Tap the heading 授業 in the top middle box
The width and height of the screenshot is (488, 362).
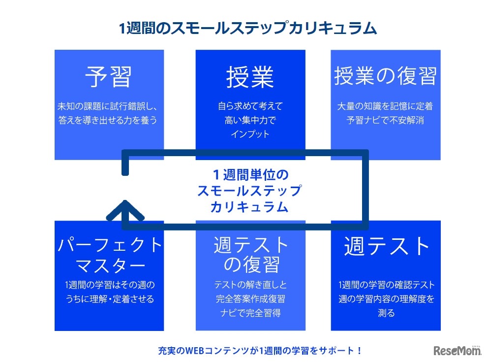250,77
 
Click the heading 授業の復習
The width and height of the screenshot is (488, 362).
385,76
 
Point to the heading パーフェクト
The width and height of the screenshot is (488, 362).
109,244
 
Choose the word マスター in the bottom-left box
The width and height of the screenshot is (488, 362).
109,265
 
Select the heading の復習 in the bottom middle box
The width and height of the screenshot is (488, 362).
251,265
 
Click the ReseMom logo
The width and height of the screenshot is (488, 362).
457,350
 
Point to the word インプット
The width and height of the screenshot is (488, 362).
250,133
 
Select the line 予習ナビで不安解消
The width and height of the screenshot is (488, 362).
385,120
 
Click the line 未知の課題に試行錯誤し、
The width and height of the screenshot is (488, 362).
108,106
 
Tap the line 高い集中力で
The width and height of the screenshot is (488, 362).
250,120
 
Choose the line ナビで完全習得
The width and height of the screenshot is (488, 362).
250,313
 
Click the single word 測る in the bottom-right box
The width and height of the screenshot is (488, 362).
387,313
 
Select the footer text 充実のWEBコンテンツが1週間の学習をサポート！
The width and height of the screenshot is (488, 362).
260,351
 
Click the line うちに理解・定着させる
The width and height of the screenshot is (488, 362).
109,299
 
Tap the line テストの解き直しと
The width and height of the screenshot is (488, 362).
250,285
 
